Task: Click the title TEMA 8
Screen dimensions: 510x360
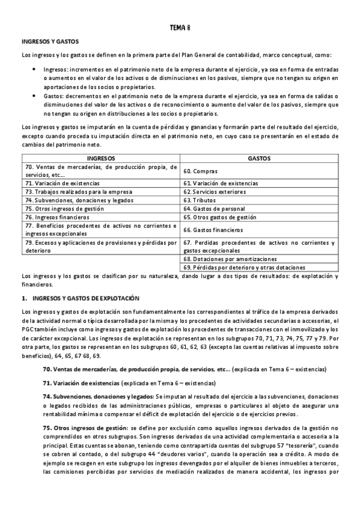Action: (180, 27)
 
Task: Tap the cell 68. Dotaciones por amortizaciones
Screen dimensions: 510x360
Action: (222, 259)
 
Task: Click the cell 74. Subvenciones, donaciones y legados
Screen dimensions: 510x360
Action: (76, 200)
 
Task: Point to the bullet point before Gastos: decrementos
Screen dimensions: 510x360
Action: (33, 96)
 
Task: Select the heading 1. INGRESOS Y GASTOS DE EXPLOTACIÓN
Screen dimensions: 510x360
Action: (80, 298)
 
